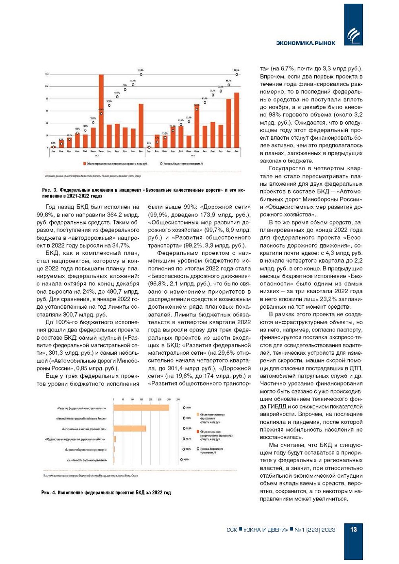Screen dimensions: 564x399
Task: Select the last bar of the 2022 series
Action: point(237,120)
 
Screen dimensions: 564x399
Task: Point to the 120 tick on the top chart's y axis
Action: point(47,74)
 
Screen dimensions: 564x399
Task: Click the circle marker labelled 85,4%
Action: point(133,85)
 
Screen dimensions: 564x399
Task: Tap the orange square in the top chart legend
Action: point(84,164)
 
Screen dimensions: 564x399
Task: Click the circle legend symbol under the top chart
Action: point(161,164)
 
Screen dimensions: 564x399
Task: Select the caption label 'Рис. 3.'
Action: point(49,190)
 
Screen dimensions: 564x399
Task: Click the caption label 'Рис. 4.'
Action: point(48,493)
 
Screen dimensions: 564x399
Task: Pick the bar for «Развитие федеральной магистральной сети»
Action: point(141,408)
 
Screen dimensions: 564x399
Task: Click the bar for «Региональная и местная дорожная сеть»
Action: point(129,428)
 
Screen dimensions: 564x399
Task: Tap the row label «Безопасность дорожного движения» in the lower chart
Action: point(87,460)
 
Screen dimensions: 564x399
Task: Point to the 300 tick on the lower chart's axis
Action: point(169,400)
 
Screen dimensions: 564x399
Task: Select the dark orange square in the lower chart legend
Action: point(198,432)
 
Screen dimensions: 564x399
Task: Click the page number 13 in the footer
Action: point(353,529)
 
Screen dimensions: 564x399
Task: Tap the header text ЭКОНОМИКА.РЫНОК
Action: point(305,43)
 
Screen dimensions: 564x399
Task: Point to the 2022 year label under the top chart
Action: point(193,155)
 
